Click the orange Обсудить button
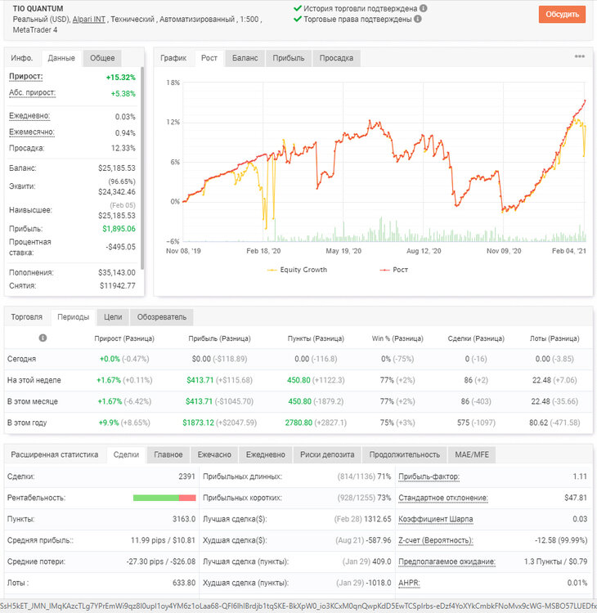point(562,15)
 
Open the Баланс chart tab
point(245,58)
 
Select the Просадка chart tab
point(336,58)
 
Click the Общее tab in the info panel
point(102,58)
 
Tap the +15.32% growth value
point(120,78)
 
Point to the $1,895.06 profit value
point(119,229)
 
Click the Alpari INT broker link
point(89,19)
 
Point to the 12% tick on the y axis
point(173,122)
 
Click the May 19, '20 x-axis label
point(343,251)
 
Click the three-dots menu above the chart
point(579,56)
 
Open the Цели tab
point(113,317)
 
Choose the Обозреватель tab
point(162,317)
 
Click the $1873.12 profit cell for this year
point(199,423)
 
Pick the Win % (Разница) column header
point(397,338)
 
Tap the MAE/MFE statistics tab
point(472,454)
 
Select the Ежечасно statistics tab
point(214,454)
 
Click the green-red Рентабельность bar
point(164,498)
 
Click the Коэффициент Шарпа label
point(435,519)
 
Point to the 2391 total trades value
point(186,477)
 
